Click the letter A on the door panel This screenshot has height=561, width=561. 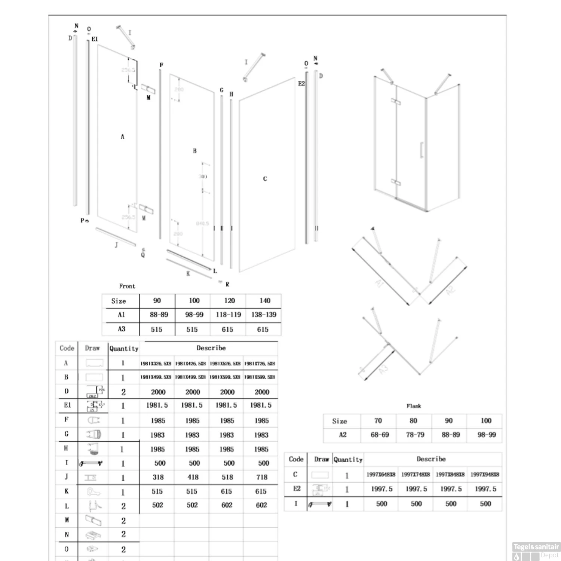pyautogui.click(x=122, y=137)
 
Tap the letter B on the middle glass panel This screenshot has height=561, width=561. pyautogui.click(x=194, y=151)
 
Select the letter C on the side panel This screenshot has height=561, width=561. pyautogui.click(x=265, y=179)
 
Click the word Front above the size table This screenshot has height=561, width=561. pyautogui.click(x=127, y=286)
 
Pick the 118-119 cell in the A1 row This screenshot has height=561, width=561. pyautogui.click(x=228, y=315)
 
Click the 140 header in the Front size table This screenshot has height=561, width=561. pyautogui.click(x=264, y=301)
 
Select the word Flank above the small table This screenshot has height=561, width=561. pyautogui.click(x=414, y=406)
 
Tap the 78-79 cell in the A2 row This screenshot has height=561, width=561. pyautogui.click(x=415, y=435)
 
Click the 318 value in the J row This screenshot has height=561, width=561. pyautogui.click(x=158, y=477)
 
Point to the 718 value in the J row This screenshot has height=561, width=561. pyautogui.click(x=262, y=477)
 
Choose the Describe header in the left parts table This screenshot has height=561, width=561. pyautogui.click(x=211, y=348)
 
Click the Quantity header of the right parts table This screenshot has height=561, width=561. pyautogui.click(x=348, y=460)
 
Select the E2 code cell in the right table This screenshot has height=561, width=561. pyautogui.click(x=297, y=489)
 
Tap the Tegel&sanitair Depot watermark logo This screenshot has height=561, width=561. pyautogui.click(x=536, y=551)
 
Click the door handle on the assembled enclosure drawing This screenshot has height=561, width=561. pyautogui.click(x=421, y=150)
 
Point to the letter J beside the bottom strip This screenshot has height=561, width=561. pyautogui.click(x=116, y=245)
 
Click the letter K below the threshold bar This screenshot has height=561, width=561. pyautogui.click(x=188, y=274)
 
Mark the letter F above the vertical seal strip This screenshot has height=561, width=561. pyautogui.click(x=161, y=65)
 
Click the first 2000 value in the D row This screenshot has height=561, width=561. pyautogui.click(x=158, y=392)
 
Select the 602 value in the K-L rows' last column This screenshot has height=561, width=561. pyautogui.click(x=261, y=505)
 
